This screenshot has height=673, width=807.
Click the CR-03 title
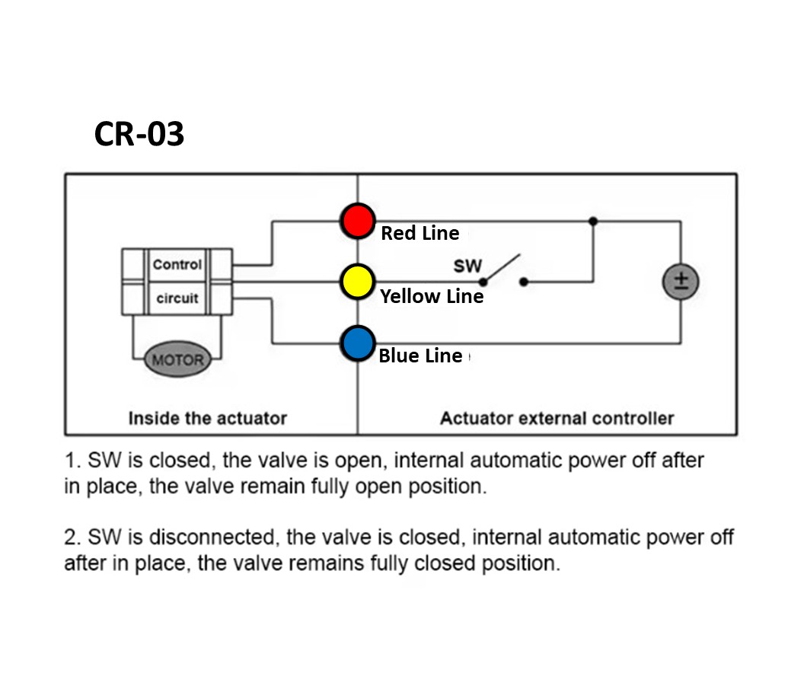pyautogui.click(x=139, y=134)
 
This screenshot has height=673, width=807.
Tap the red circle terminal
pyautogui.click(x=357, y=221)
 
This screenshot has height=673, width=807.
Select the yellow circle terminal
pyautogui.click(x=357, y=281)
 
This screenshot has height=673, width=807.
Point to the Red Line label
pyautogui.click(x=419, y=233)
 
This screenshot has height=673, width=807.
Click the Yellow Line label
pyautogui.click(x=432, y=296)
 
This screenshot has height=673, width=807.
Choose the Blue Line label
pyautogui.click(x=420, y=356)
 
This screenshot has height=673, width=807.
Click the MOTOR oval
pyautogui.click(x=177, y=360)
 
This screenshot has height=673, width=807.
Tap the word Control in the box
pyautogui.click(x=177, y=265)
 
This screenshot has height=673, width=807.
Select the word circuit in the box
pyautogui.click(x=177, y=298)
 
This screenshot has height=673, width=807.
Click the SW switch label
pyautogui.click(x=467, y=266)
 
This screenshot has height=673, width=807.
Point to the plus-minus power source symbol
pyautogui.click(x=681, y=282)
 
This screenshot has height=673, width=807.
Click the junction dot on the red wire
pyautogui.click(x=592, y=221)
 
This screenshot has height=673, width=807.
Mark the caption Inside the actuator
pyautogui.click(x=207, y=418)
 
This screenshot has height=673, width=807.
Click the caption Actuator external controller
pyautogui.click(x=557, y=418)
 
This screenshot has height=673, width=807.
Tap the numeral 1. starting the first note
pyautogui.click(x=72, y=461)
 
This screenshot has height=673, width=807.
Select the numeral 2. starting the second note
pyautogui.click(x=72, y=537)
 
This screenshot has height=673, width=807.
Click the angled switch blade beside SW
pyautogui.click(x=503, y=267)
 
